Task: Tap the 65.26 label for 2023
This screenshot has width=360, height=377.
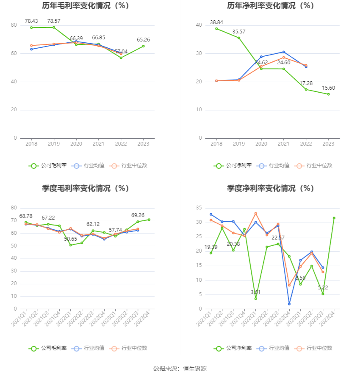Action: (144, 39)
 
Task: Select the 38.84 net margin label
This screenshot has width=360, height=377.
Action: (216, 22)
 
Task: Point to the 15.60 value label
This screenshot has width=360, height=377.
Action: (328, 88)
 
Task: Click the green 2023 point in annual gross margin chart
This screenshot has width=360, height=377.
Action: (144, 46)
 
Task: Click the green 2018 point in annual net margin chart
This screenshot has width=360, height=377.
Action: (216, 29)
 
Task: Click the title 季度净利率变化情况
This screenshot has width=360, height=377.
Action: (270, 188)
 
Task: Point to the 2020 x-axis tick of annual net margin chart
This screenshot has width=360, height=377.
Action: (261, 144)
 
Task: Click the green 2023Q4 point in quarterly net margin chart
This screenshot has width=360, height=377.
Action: (334, 218)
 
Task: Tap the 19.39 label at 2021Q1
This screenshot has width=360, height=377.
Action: (211, 247)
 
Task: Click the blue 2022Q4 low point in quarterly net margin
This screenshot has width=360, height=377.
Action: (289, 304)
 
